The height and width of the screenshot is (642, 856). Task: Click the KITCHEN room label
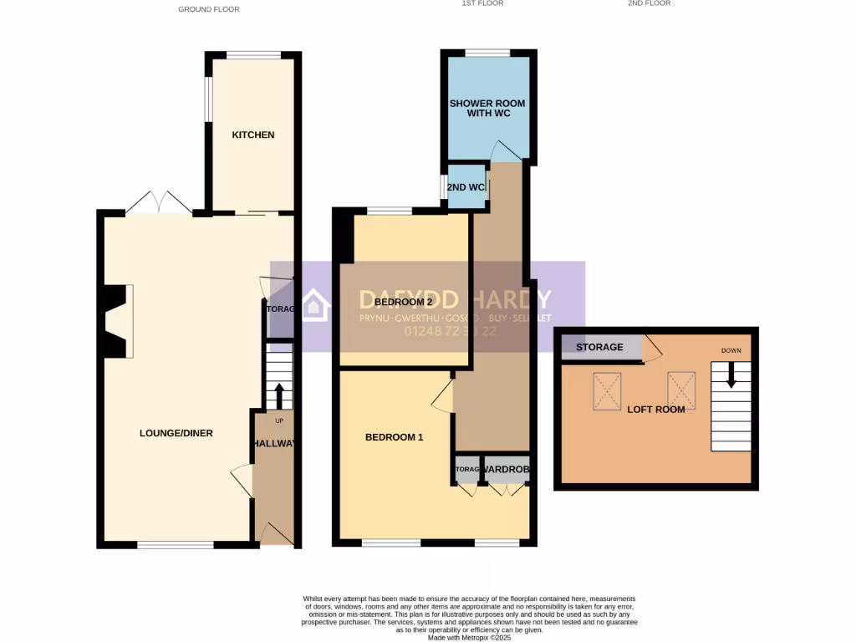tap(252, 135)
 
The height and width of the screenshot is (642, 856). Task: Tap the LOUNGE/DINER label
tap(176, 433)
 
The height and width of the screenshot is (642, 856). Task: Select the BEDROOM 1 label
tap(395, 437)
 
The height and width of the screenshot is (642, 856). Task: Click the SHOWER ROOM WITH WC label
tap(487, 108)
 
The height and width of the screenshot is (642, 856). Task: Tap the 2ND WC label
tap(466, 186)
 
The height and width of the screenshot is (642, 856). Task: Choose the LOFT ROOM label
tap(656, 410)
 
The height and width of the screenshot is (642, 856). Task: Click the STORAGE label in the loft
tap(599, 347)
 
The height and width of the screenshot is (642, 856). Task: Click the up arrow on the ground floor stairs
tap(279, 395)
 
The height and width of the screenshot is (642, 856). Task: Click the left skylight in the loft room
tap(606, 390)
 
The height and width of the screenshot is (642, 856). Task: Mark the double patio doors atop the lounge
tap(159, 202)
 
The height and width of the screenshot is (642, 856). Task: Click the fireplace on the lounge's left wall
tap(117, 322)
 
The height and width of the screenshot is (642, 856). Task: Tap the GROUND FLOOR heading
tap(209, 9)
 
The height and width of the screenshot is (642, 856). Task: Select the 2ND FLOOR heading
tap(649, 3)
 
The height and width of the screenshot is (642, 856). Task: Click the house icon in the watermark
tap(315, 305)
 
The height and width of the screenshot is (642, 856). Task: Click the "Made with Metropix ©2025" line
tap(469, 637)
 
